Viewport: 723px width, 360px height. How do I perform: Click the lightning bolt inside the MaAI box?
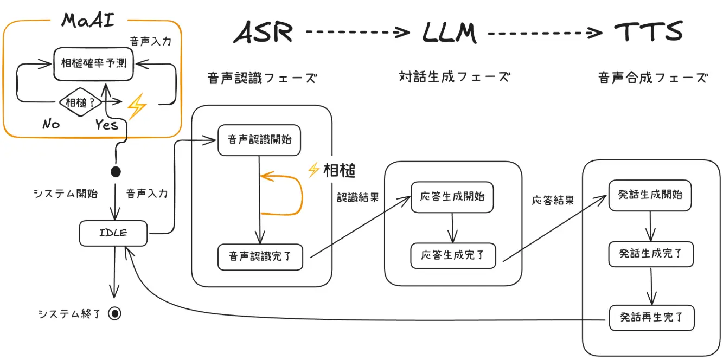coord(136,106)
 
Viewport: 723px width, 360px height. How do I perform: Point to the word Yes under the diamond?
coord(106,125)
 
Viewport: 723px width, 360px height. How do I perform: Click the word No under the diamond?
coord(51,124)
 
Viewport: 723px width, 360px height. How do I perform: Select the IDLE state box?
coord(113,233)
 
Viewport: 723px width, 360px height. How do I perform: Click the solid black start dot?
coord(116,172)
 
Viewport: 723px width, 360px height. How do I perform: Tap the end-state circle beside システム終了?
coord(114,313)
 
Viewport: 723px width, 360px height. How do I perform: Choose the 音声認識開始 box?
coord(259,140)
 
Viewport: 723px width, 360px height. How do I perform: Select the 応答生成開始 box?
coord(452,196)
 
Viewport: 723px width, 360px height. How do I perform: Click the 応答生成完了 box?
coord(452,255)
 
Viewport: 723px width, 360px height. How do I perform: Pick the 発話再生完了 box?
coord(651,317)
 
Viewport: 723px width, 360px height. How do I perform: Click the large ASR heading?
coord(263,33)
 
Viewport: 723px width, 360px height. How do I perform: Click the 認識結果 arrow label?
coord(357,198)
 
